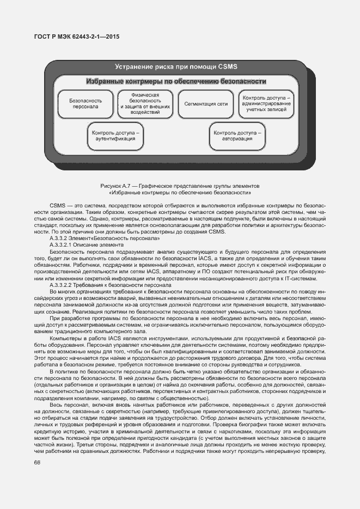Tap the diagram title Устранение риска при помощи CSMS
coord(176,67)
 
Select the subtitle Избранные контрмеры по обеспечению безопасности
coord(176,82)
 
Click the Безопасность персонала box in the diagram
coord(86,104)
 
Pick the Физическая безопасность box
coord(145,104)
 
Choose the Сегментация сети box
coord(206,103)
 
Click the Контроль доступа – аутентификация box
coord(115,136)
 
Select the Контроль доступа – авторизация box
coord(237,136)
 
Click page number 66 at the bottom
coord(38,462)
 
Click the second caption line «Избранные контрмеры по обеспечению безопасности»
coord(180,193)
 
